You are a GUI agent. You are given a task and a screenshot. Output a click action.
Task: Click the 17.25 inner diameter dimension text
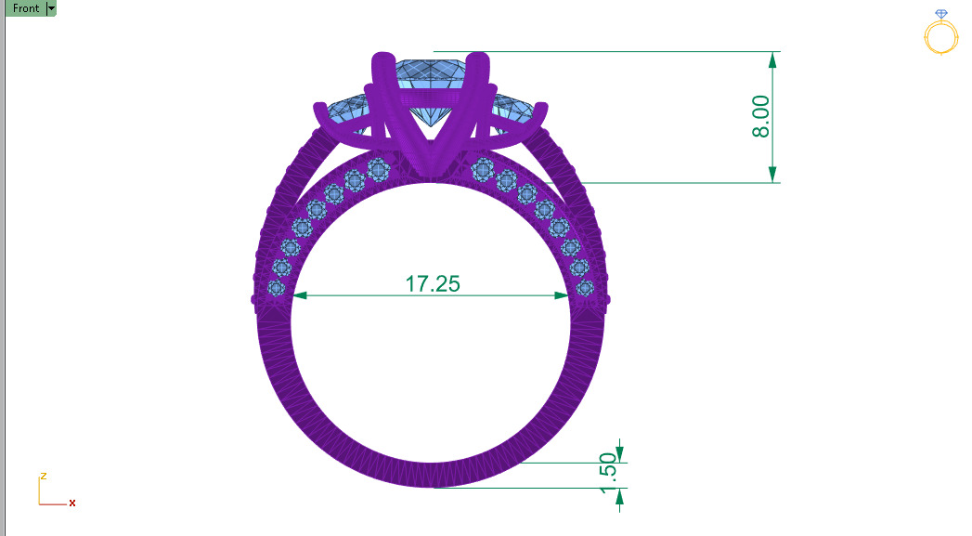(x=433, y=284)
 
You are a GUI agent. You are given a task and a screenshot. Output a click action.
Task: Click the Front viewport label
(x=26, y=8)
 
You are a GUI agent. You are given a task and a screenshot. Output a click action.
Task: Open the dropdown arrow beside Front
(x=51, y=8)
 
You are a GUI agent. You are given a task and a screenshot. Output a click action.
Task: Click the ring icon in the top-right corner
(x=940, y=33)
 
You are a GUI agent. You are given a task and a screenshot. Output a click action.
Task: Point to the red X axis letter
(x=72, y=503)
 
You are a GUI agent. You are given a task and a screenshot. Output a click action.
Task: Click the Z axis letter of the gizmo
(x=43, y=476)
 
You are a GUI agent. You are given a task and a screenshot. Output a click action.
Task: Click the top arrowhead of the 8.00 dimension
(x=771, y=59)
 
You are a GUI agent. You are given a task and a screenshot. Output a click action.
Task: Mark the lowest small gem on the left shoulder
(x=276, y=288)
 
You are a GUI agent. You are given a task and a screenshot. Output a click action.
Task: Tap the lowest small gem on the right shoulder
(x=585, y=288)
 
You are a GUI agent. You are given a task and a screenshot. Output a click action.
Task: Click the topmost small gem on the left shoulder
(x=378, y=168)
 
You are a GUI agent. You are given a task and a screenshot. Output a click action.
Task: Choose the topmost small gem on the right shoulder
(x=483, y=168)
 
